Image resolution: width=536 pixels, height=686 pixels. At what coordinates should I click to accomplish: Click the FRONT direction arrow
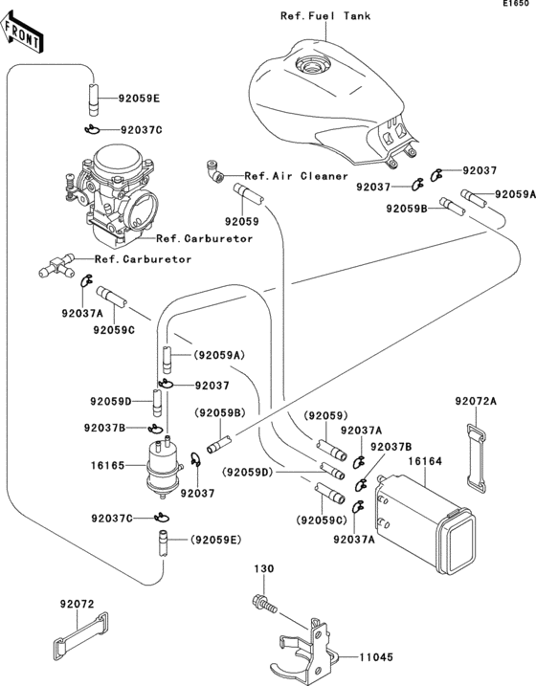21,32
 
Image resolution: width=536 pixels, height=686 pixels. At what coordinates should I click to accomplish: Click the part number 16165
107,465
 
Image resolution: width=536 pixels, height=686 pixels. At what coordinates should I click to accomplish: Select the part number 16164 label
425,461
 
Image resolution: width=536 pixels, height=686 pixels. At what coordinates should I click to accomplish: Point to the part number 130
264,568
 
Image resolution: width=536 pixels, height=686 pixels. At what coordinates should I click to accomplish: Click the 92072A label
476,401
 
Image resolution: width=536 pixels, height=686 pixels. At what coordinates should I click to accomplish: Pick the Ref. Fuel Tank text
325,15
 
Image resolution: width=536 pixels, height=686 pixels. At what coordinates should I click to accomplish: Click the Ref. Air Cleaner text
296,176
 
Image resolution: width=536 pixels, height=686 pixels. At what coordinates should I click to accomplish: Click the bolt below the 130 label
264,604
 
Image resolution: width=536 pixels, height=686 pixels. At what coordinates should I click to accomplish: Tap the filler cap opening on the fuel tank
311,67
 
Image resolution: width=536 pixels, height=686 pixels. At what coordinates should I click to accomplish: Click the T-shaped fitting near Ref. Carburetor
56,265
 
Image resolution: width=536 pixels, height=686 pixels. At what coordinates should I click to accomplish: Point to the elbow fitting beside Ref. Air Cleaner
214,170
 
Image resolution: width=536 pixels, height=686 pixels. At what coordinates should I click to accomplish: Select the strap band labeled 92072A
476,458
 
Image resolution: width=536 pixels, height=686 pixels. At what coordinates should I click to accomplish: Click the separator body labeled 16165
164,466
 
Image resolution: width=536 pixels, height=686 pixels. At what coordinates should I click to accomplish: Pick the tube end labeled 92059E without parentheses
94,100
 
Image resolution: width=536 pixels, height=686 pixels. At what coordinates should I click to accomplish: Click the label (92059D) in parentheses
247,473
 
